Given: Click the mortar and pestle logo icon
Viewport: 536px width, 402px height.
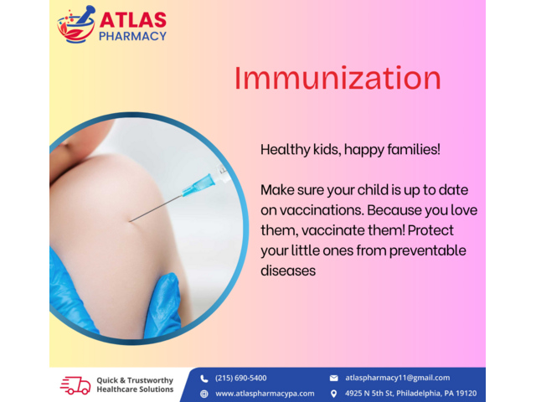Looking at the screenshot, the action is (76, 24).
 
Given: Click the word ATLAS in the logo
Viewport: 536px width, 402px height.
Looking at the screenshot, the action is (133, 20).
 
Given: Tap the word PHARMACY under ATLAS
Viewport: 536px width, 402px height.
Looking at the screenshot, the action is (132, 36).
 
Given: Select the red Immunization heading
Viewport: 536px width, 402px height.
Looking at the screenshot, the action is (338, 78).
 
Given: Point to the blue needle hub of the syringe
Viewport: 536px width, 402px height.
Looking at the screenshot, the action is (199, 185).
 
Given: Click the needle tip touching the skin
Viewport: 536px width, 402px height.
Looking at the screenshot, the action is (130, 221).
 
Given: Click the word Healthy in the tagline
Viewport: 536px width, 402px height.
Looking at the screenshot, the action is (285, 150).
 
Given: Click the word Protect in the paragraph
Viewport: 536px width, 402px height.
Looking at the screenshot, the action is (430, 230).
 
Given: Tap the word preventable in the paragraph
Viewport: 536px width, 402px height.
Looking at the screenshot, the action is (428, 250).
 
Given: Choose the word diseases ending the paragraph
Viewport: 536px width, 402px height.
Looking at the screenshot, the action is (288, 271).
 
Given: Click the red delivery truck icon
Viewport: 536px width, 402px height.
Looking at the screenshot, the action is (75, 385).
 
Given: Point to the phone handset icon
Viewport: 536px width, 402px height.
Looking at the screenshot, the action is (204, 379).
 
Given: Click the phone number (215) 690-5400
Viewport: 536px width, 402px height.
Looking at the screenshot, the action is (240, 378).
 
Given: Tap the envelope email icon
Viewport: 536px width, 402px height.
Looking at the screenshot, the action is (333, 378).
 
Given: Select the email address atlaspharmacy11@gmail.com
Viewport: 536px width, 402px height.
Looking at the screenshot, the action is (398, 378).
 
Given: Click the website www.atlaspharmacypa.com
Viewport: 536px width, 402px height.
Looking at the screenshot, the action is (265, 394).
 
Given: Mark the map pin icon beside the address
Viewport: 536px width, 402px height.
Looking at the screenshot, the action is (333, 394).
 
